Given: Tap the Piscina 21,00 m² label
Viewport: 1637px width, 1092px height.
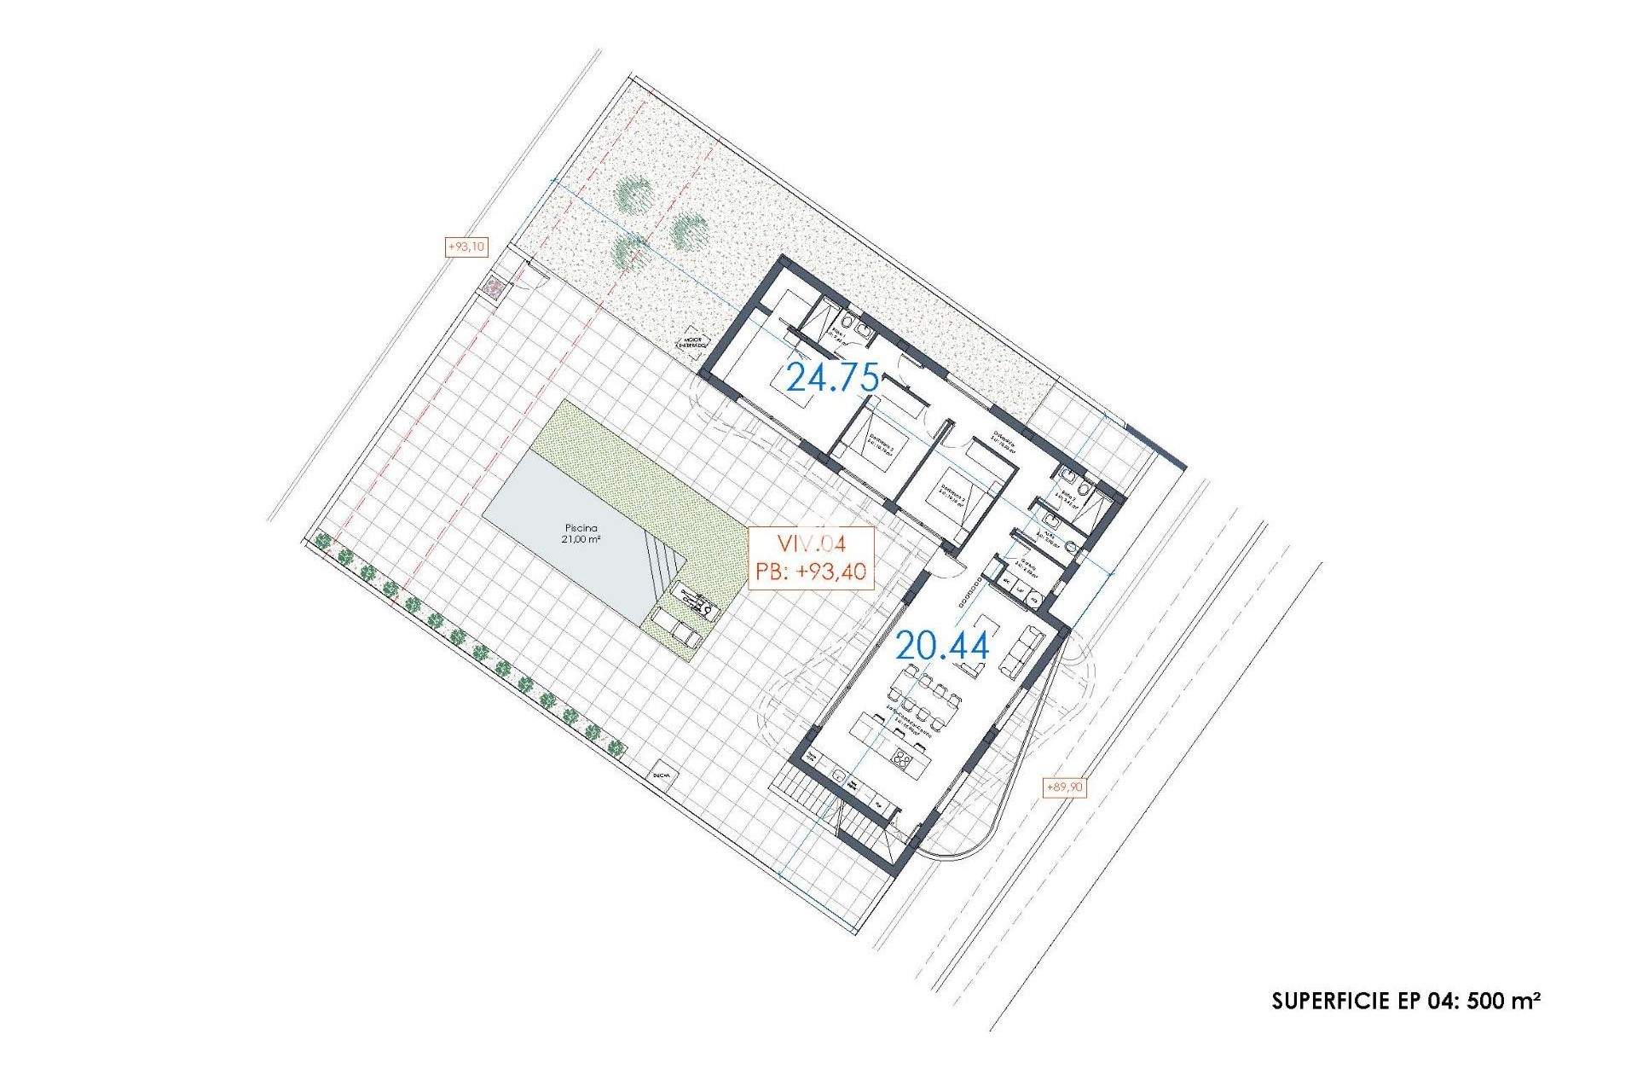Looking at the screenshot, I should [x=580, y=534].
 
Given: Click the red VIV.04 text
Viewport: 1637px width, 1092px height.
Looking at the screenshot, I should [x=810, y=543].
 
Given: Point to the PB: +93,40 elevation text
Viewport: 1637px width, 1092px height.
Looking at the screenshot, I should [x=810, y=572].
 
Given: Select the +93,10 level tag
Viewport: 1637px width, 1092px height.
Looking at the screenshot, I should [x=466, y=247].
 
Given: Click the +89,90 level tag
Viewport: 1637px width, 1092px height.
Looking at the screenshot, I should [x=1064, y=787].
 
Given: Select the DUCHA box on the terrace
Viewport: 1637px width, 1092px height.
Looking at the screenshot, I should [x=661, y=775].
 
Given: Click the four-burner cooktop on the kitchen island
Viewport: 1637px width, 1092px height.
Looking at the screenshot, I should [x=903, y=758].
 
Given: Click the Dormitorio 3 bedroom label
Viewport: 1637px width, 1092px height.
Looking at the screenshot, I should [x=952, y=496].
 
